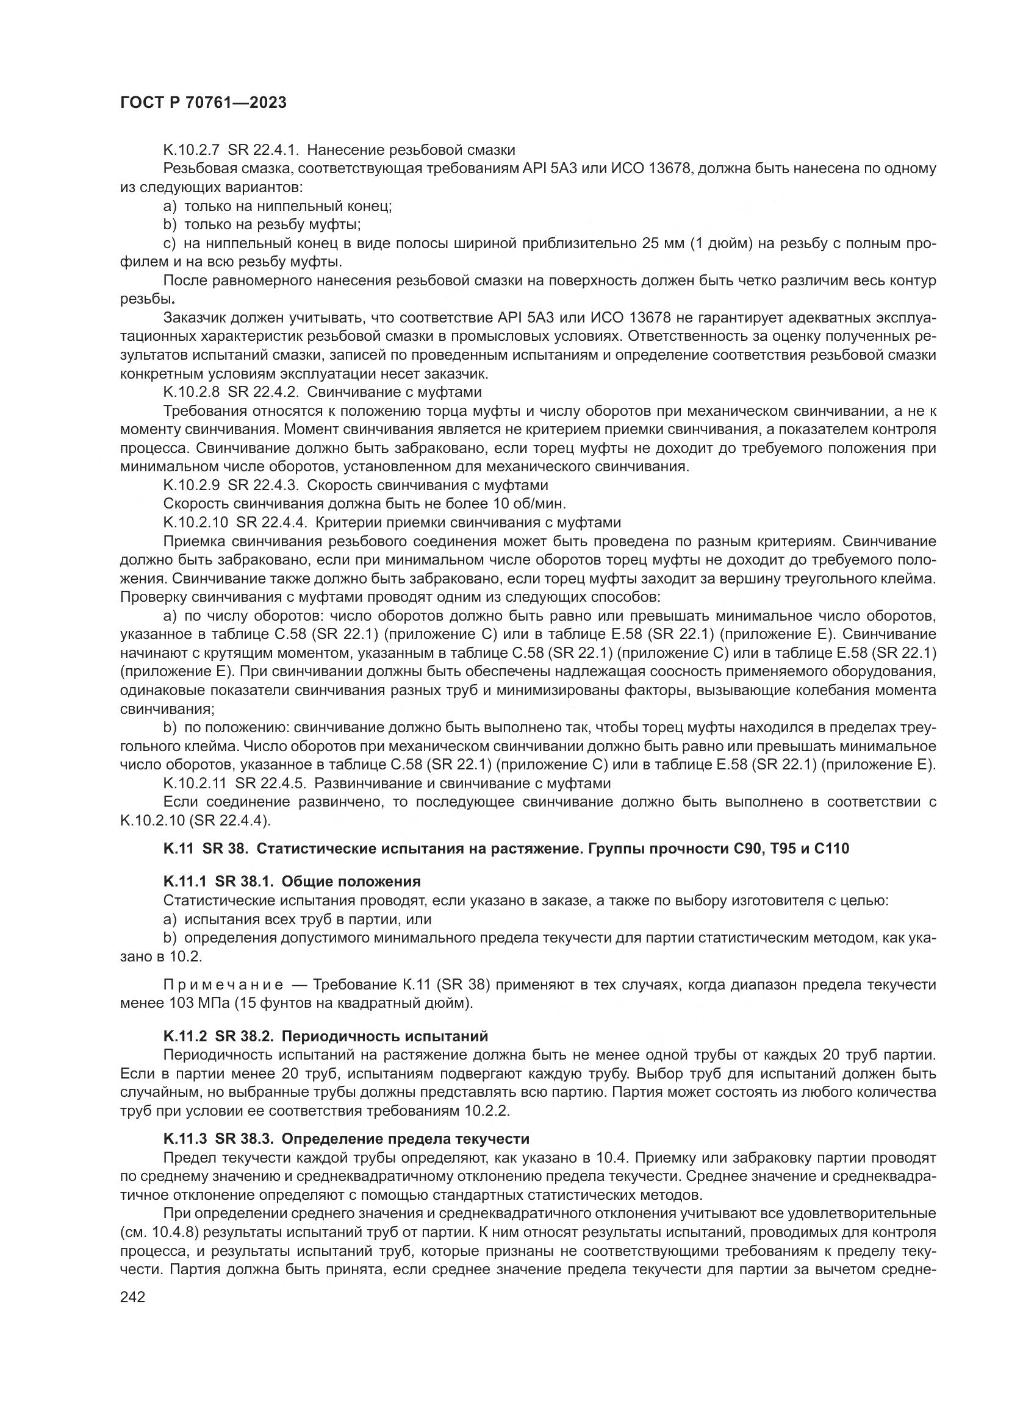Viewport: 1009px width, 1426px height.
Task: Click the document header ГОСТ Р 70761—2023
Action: (x=203, y=103)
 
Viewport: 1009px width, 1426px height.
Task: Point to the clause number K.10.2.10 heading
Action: (x=196, y=522)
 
